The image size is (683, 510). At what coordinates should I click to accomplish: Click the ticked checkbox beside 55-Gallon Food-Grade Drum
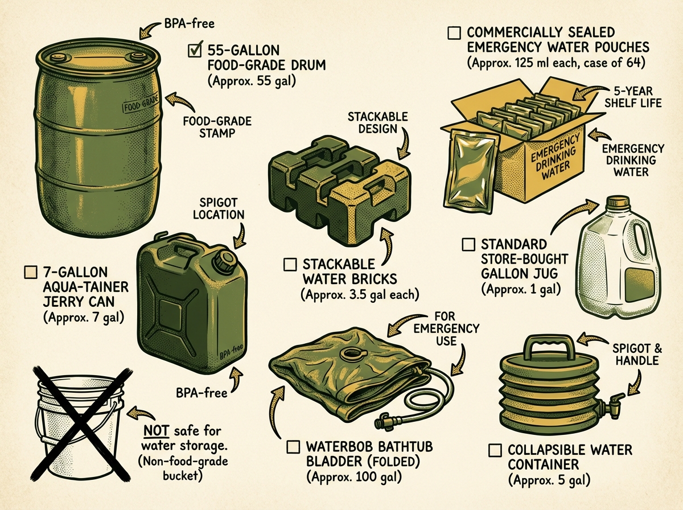tap(195, 51)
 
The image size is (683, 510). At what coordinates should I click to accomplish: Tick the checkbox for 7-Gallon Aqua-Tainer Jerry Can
tap(31, 272)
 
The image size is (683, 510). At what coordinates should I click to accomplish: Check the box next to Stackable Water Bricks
tap(290, 264)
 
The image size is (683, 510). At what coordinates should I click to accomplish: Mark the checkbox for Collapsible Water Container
tap(495, 450)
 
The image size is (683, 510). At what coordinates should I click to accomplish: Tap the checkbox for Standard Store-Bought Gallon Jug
tap(468, 245)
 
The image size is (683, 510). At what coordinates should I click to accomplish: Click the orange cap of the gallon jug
tap(616, 203)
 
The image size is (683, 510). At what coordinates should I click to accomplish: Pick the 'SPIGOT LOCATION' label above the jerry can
tap(219, 208)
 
